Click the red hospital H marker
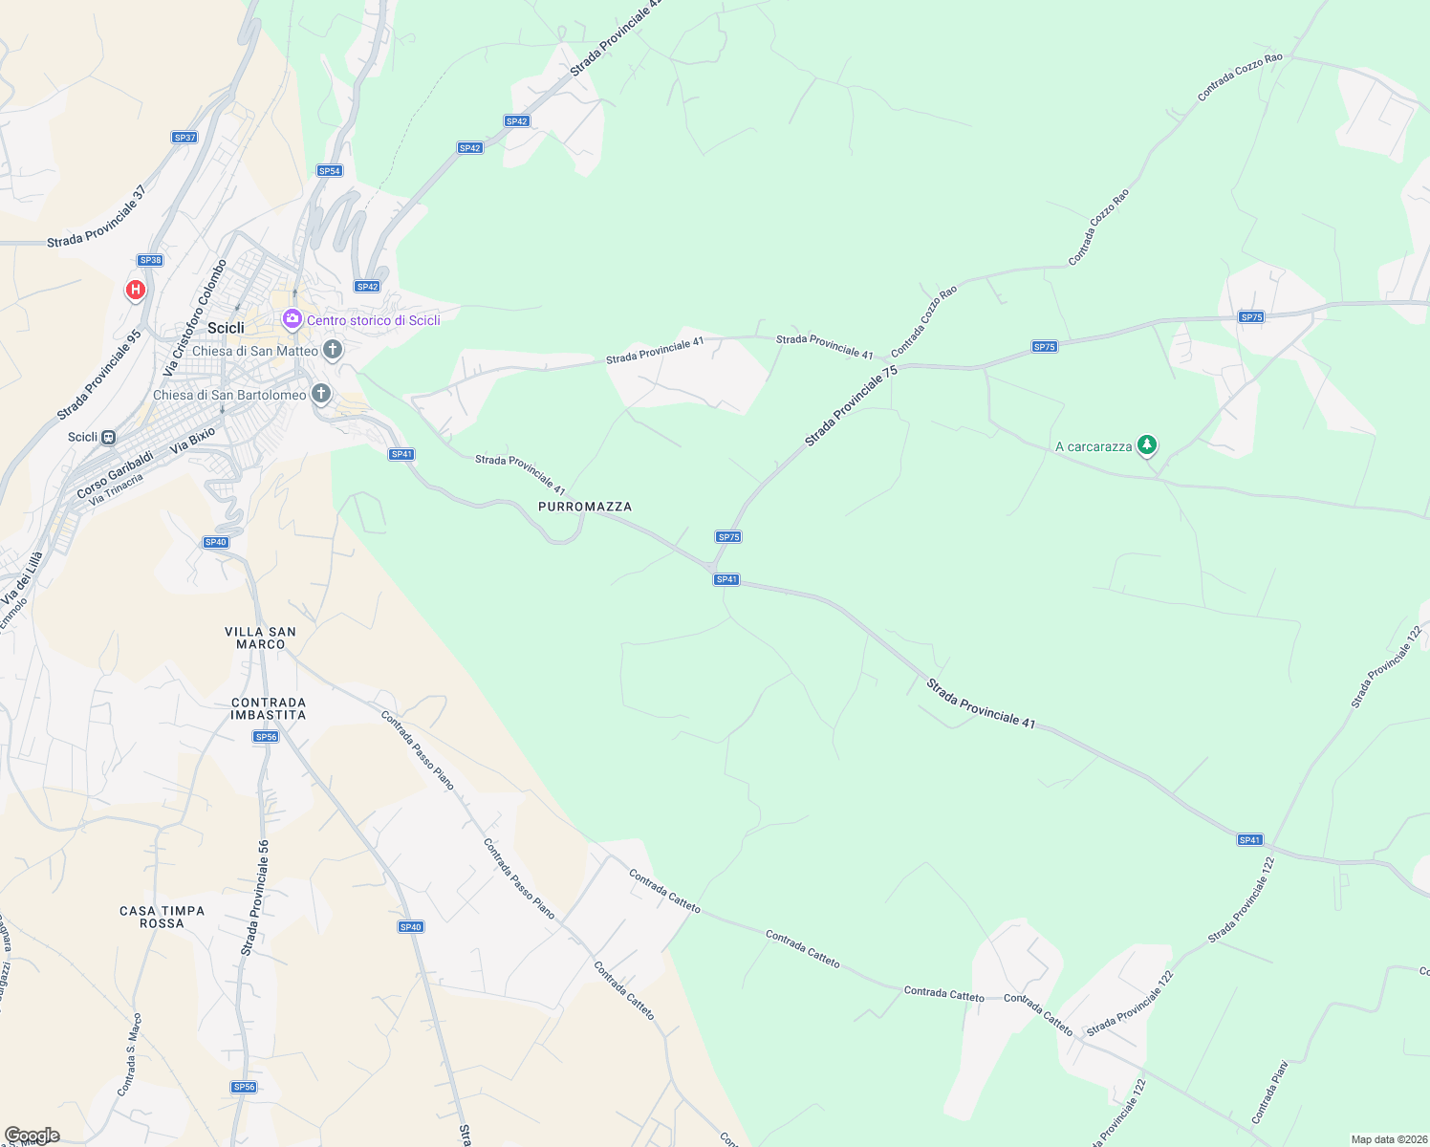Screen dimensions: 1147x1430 tap(136, 289)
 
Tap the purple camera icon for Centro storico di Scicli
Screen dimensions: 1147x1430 tap(292, 318)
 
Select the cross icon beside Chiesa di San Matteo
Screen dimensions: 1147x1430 tap(333, 350)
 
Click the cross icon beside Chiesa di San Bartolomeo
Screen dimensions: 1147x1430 tap(321, 394)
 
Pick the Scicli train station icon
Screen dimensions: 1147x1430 tap(109, 437)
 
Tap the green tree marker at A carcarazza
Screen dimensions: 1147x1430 tap(1147, 445)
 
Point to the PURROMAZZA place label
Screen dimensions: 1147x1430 tap(585, 507)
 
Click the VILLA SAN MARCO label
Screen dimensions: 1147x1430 tap(260, 638)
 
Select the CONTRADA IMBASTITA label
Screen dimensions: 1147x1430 tap(269, 708)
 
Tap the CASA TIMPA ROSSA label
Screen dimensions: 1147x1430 tap(162, 917)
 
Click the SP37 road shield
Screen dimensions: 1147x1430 tap(184, 138)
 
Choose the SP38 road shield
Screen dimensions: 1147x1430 tap(150, 260)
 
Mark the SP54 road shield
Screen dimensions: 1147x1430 tap(329, 171)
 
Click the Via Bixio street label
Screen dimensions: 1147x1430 tap(192, 441)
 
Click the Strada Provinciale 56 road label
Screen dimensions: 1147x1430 tap(255, 898)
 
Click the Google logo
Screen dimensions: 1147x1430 tap(32, 1136)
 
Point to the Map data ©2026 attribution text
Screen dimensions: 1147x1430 tap(1388, 1139)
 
